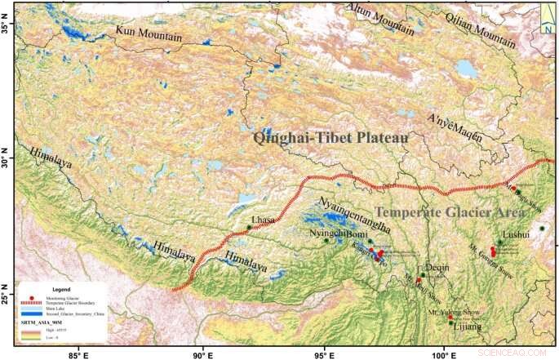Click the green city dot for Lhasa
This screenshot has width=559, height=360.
(x=249, y=227)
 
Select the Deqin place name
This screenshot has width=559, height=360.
(x=435, y=268)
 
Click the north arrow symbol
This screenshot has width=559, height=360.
(x=548, y=19)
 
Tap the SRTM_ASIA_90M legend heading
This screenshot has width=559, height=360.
(x=40, y=324)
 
